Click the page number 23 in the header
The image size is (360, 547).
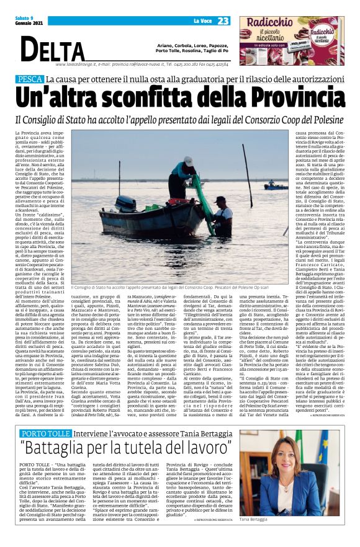click(223, 20)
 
